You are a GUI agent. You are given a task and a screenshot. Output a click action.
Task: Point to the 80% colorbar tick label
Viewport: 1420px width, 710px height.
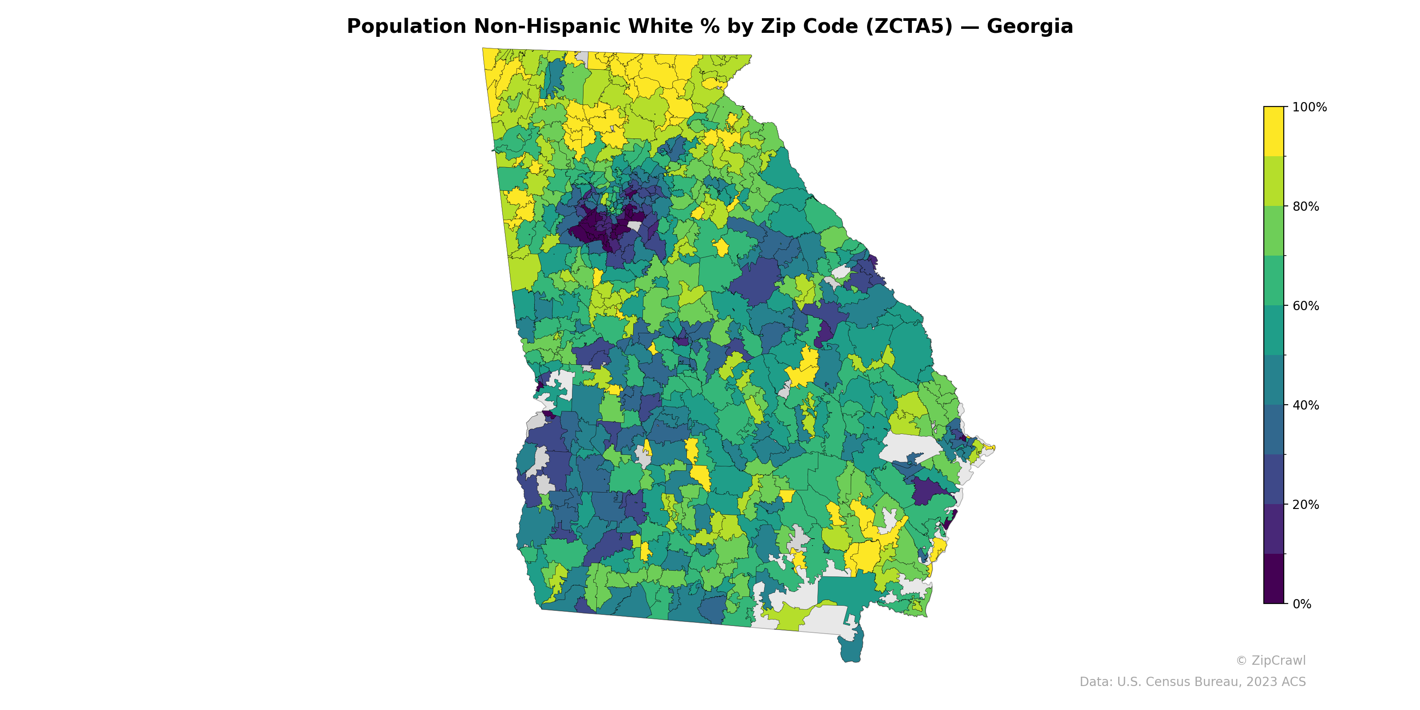(1306, 207)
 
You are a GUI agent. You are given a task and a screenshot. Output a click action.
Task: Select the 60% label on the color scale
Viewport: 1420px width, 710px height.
(1306, 306)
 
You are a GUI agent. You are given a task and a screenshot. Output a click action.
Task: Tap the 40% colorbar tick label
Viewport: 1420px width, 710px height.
(1306, 405)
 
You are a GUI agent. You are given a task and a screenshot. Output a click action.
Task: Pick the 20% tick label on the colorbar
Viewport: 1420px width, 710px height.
(1306, 505)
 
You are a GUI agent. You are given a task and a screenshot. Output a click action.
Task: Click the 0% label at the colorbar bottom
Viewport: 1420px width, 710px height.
(1302, 604)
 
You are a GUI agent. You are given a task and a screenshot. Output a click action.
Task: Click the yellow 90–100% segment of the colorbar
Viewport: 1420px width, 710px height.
(1274, 131)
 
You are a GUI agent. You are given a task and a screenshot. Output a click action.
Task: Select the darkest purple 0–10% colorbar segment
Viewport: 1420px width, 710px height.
(1274, 579)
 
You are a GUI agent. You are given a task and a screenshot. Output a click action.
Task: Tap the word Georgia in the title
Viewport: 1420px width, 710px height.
(1029, 27)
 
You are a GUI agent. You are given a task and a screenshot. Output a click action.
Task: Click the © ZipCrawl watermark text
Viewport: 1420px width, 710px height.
(1270, 660)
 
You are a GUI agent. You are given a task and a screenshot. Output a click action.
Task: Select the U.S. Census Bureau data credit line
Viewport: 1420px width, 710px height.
(1192, 682)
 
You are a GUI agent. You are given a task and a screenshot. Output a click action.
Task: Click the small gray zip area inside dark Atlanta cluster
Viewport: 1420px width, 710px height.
(635, 226)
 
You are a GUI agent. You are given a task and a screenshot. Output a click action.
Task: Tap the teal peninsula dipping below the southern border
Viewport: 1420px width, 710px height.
(851, 648)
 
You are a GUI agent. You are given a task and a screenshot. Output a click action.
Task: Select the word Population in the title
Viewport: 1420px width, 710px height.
(406, 27)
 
